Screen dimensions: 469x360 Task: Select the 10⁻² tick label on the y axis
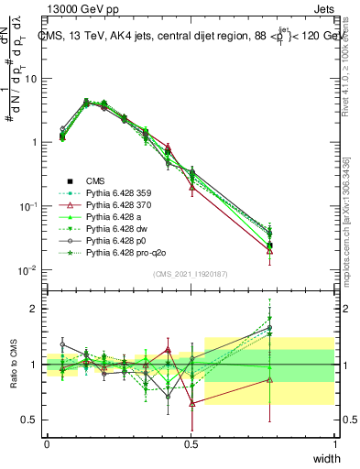(x=27, y=271)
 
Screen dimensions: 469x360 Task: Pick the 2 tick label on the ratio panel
(x=35, y=309)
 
